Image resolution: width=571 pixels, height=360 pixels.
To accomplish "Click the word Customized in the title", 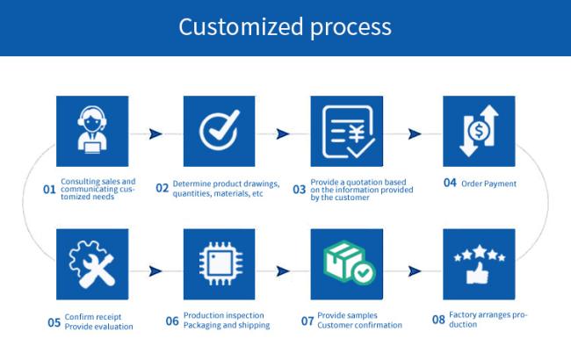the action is click(x=241, y=27).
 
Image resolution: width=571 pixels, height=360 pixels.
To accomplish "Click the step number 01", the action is click(x=49, y=190).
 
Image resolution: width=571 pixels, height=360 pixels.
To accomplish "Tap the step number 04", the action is click(x=450, y=183).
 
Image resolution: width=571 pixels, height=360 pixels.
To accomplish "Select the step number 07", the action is click(x=307, y=320).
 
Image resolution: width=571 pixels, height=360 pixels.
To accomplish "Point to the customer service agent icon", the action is click(x=92, y=130).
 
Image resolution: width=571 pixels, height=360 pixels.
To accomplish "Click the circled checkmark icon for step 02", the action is click(x=220, y=130).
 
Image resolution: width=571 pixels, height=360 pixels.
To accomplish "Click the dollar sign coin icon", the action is click(x=479, y=130).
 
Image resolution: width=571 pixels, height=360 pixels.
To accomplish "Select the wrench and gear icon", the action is click(x=92, y=264).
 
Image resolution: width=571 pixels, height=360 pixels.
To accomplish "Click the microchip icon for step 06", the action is click(x=220, y=263).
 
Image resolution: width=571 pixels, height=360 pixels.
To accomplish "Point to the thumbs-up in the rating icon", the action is click(x=477, y=273).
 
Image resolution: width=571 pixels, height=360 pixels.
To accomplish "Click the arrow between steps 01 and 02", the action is click(x=155, y=134).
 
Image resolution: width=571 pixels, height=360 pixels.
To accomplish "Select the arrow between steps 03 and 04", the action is click(x=415, y=134).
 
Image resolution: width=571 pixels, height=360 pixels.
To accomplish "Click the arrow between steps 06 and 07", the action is click(x=283, y=271).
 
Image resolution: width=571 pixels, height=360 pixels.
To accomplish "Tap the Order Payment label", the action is click(x=488, y=184).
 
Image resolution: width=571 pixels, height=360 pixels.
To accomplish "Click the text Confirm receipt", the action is click(x=93, y=317).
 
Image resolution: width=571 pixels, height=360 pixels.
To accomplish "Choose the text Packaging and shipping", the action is click(x=227, y=325).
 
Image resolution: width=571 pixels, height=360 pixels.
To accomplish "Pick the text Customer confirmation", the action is click(x=359, y=325).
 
